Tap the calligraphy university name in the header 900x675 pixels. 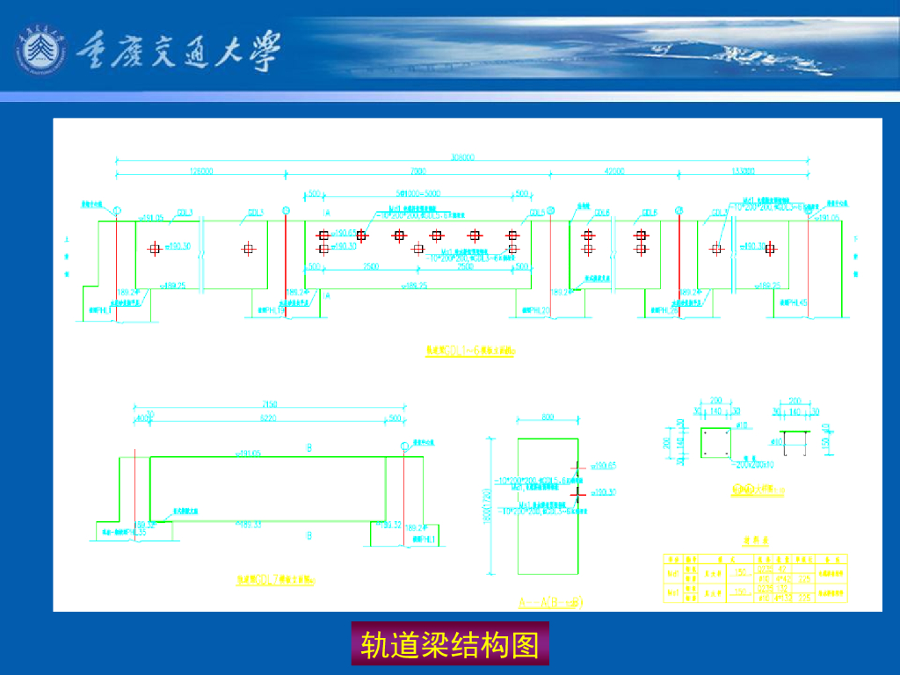pyautogui.click(x=180, y=51)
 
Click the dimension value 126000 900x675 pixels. pyautogui.click(x=201, y=171)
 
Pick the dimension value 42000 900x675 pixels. pyautogui.click(x=614, y=171)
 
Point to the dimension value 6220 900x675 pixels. pyautogui.click(x=270, y=418)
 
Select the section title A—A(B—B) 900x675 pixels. pyautogui.click(x=550, y=602)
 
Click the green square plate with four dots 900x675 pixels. pyautogui.click(x=713, y=444)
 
